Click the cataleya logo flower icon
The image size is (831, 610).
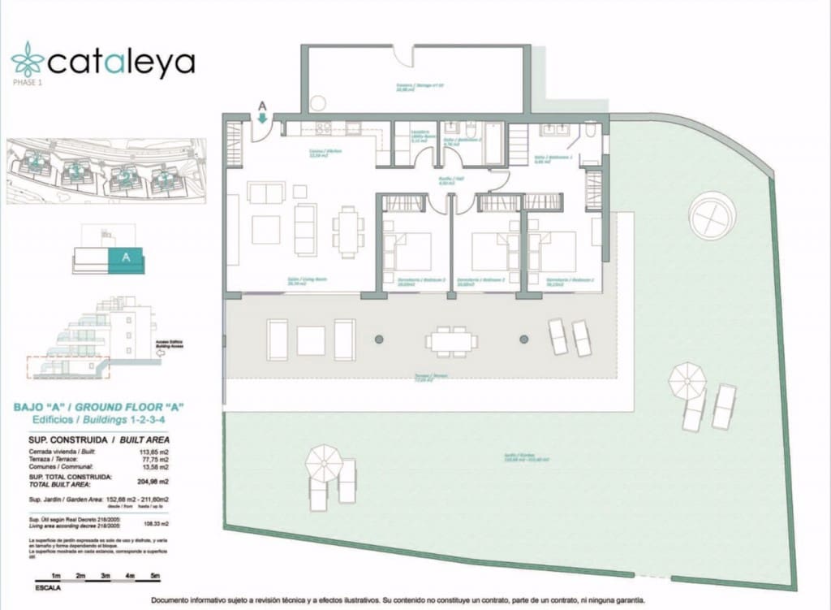(x=27, y=60)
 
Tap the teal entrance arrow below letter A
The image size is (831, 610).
(x=262, y=118)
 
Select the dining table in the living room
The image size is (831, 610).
(x=348, y=231)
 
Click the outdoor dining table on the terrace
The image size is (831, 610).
(x=450, y=341)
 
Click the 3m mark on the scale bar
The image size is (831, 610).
(x=105, y=576)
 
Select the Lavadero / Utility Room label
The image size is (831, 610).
(x=418, y=134)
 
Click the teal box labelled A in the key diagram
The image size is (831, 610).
(x=125, y=257)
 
